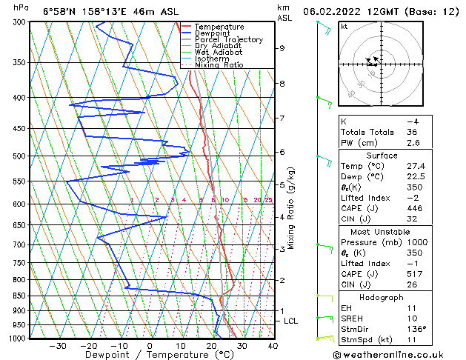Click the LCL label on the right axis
(x=291, y=321)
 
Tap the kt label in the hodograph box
(x=344, y=26)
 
